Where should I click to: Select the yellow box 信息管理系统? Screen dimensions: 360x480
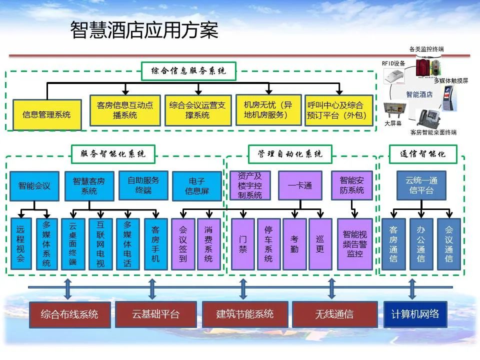pos(46,114)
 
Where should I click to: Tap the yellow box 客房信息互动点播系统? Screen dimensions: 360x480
pos(125,110)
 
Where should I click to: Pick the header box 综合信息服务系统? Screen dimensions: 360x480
pos(189,71)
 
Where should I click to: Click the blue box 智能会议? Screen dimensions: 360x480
pos(34,186)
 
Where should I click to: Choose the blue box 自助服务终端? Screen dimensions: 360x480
pos(143,185)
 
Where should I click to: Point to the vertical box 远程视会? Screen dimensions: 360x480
pos(20,243)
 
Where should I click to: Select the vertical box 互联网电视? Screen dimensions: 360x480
pos(100,243)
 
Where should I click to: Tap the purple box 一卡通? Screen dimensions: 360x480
pos(300,185)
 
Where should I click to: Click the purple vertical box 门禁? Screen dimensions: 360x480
pos(243,243)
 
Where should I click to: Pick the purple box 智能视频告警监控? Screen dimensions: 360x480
pos(355,243)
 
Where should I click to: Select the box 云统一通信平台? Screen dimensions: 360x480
pos(421,185)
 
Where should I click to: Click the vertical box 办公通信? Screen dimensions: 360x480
pos(421,243)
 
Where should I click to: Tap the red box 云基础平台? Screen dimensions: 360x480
pos(155,314)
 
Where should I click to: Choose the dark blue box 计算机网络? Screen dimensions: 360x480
pos(415,314)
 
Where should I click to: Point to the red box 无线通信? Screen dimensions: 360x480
pos(334,314)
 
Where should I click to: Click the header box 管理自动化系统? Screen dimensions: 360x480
pos(290,153)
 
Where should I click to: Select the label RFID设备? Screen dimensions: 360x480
pos(393,63)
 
